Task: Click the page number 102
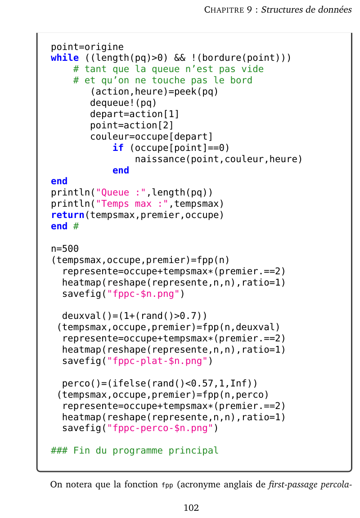click(191, 508)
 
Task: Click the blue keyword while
click(65, 58)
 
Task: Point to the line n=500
click(65, 249)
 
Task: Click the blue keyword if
click(118, 148)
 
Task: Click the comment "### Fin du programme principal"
click(135, 450)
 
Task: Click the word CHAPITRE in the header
click(225, 10)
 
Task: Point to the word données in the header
click(335, 10)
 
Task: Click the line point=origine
click(87, 47)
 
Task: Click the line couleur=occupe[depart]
click(152, 136)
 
